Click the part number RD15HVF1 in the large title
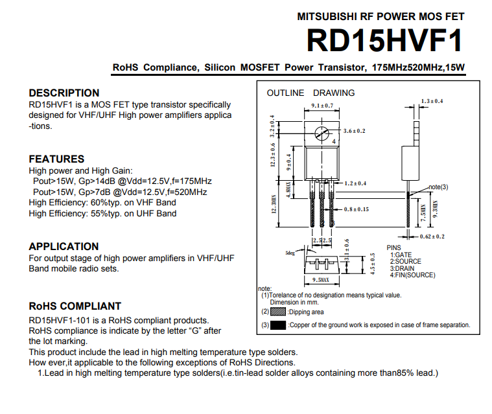coord(384,40)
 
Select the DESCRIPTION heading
coord(64,93)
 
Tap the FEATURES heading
coord(56,159)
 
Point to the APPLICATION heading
coord(64,246)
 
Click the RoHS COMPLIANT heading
coord(75,306)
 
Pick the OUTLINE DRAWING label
coord(310,93)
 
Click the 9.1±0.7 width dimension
coord(322,106)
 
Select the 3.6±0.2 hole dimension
coord(354,131)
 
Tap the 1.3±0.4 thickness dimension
coord(432,101)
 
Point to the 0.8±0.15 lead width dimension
coord(356,209)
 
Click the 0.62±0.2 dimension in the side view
coord(432,236)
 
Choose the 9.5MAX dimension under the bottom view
coord(321,280)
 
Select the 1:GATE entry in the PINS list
coord(401,255)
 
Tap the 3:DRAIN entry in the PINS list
coord(402,268)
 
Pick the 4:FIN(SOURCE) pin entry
coord(413,275)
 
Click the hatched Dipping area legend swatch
coord(278,312)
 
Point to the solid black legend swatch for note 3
coord(278,325)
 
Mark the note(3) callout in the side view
coord(438,187)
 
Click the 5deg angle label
coord(290,253)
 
